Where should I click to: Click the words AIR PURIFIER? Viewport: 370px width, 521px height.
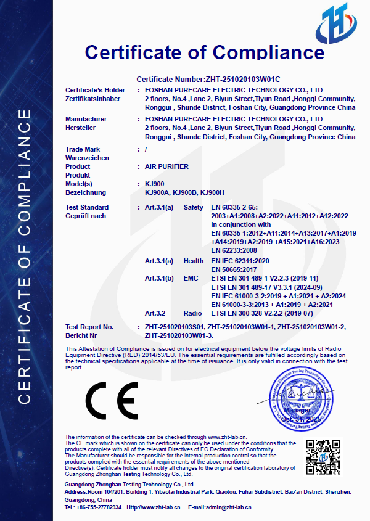coord(166,167)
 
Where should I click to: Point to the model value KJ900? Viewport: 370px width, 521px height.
coord(154,184)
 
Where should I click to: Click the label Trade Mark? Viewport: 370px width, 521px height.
coord(83,149)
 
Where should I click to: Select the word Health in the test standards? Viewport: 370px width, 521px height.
coord(194,261)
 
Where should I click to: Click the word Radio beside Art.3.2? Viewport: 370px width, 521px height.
coord(193,314)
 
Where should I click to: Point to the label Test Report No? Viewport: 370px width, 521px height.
coord(89,326)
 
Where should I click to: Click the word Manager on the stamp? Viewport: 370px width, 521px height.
coord(297,410)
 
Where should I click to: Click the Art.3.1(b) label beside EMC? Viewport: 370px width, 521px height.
coord(159,279)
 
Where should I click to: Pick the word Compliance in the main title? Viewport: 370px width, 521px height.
coord(266,52)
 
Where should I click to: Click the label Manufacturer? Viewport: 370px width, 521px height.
coord(86,119)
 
